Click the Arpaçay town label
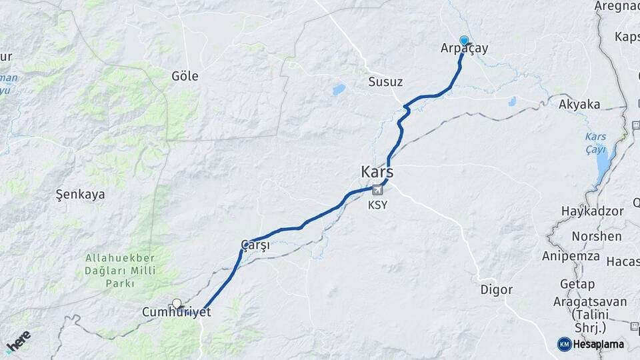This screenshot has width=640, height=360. pyautogui.click(x=465, y=48)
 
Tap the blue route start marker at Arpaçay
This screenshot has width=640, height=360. pyautogui.click(x=464, y=40)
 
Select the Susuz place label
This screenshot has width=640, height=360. pyautogui.click(x=385, y=82)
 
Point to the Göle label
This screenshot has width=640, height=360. pyautogui.click(x=185, y=76)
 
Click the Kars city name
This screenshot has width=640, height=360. pyautogui.click(x=377, y=172)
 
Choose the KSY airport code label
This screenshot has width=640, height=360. pyautogui.click(x=377, y=205)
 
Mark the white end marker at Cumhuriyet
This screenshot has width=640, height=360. pyautogui.click(x=177, y=303)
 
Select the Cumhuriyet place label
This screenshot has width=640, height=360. pyautogui.click(x=177, y=312)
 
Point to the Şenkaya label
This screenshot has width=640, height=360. pyautogui.click(x=80, y=195)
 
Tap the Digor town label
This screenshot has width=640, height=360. pyautogui.click(x=497, y=290)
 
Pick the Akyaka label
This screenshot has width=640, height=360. pyautogui.click(x=579, y=104)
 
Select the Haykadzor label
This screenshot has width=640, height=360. pyautogui.click(x=592, y=211)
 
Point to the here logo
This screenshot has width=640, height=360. pyautogui.click(x=18, y=341)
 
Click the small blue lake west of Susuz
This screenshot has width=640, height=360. pyautogui.click(x=339, y=89)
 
